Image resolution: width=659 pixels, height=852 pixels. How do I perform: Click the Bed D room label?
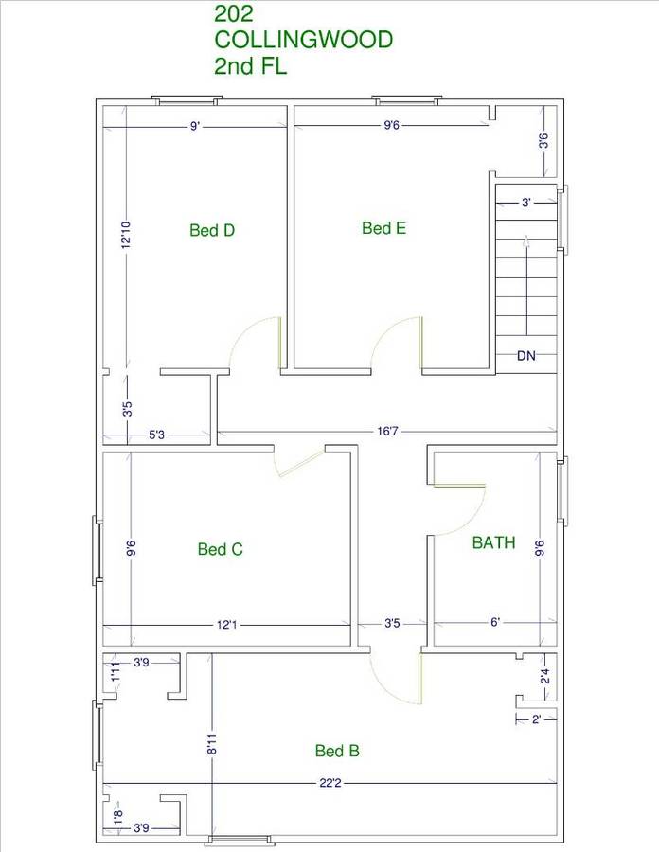pyautogui.click(x=212, y=230)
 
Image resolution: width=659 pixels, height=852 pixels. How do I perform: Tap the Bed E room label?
pyautogui.click(x=383, y=227)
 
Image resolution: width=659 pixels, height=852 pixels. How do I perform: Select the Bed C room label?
pyautogui.click(x=220, y=549)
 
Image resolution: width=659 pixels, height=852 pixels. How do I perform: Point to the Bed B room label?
pyautogui.click(x=337, y=751)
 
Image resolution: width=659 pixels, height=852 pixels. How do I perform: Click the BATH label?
pyautogui.click(x=494, y=542)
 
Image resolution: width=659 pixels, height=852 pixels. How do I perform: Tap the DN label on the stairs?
pyautogui.click(x=525, y=356)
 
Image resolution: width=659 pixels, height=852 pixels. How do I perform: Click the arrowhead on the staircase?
pyautogui.click(x=525, y=241)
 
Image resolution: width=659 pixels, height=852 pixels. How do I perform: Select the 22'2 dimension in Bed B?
pyautogui.click(x=330, y=783)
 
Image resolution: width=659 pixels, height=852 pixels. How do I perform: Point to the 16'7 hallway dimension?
pyautogui.click(x=388, y=432)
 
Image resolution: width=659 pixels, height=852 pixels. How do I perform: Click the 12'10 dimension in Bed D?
pyautogui.click(x=126, y=235)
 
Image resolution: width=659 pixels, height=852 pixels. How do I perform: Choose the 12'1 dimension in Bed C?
pyautogui.click(x=226, y=625)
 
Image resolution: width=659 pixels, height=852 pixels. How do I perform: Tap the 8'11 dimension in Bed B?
pyautogui.click(x=212, y=744)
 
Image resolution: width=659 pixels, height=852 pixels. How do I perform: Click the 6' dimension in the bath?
pyautogui.click(x=495, y=622)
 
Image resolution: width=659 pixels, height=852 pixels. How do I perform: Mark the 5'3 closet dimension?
pyautogui.click(x=156, y=435)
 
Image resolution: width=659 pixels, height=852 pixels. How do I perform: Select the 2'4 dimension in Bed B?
pyautogui.click(x=545, y=677)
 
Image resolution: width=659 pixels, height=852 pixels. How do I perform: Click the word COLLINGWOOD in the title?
pyautogui.click(x=304, y=40)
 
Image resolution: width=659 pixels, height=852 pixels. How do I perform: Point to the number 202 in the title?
pyautogui.click(x=234, y=13)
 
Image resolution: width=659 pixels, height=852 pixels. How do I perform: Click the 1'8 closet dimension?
pyautogui.click(x=118, y=817)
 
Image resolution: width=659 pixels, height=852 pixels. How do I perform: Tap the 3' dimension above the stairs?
pyautogui.click(x=525, y=203)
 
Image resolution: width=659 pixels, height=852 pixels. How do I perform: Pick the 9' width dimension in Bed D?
pyautogui.click(x=195, y=127)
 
